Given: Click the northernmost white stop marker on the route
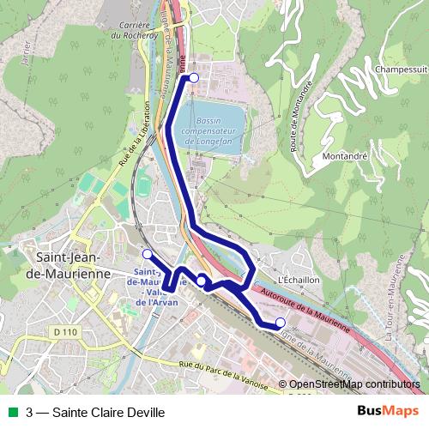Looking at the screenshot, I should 194,78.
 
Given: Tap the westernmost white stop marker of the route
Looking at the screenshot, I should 147,254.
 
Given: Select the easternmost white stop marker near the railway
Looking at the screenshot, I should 280,322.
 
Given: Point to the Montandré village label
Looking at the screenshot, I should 344,157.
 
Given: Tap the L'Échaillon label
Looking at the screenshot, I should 299,280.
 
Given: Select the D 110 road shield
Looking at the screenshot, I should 63,331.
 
